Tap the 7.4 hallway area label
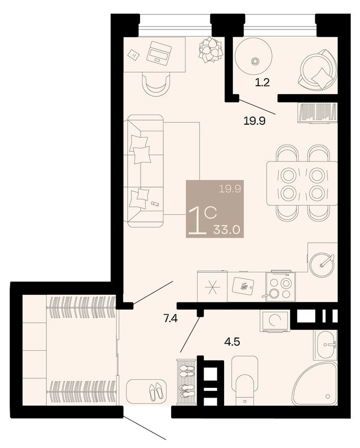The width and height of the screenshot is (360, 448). tap(170, 320)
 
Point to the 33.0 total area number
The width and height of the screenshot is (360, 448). tap(227, 229)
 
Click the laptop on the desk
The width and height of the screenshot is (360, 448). tap(159, 52)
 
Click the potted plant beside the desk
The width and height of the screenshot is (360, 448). tap(211, 50)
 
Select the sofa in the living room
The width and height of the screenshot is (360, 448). tap(145, 171)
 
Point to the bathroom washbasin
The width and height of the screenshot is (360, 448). tap(325, 345)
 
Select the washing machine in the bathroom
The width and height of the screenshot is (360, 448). tap(275, 321)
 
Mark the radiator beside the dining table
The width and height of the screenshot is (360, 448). tap(318, 113)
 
